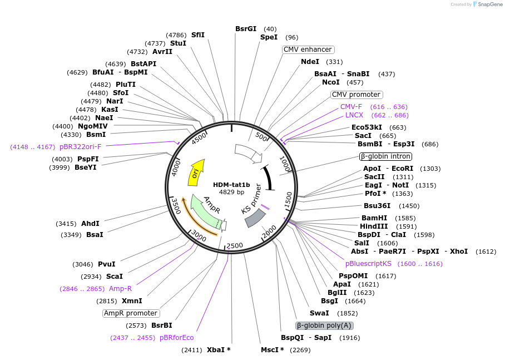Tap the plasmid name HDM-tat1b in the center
click(231, 184)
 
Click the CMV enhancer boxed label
click(308, 50)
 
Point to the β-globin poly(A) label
click(324, 326)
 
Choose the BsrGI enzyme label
click(246, 29)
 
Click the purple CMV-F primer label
click(351, 107)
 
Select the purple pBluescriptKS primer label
click(376, 264)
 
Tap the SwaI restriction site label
click(319, 313)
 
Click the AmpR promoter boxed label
click(131, 313)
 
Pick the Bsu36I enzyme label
click(378, 206)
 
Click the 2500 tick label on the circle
click(235, 245)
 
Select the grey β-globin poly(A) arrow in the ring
click(255, 218)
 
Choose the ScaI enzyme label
click(114, 277)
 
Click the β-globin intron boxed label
click(385, 156)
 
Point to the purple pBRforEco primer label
click(176, 338)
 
